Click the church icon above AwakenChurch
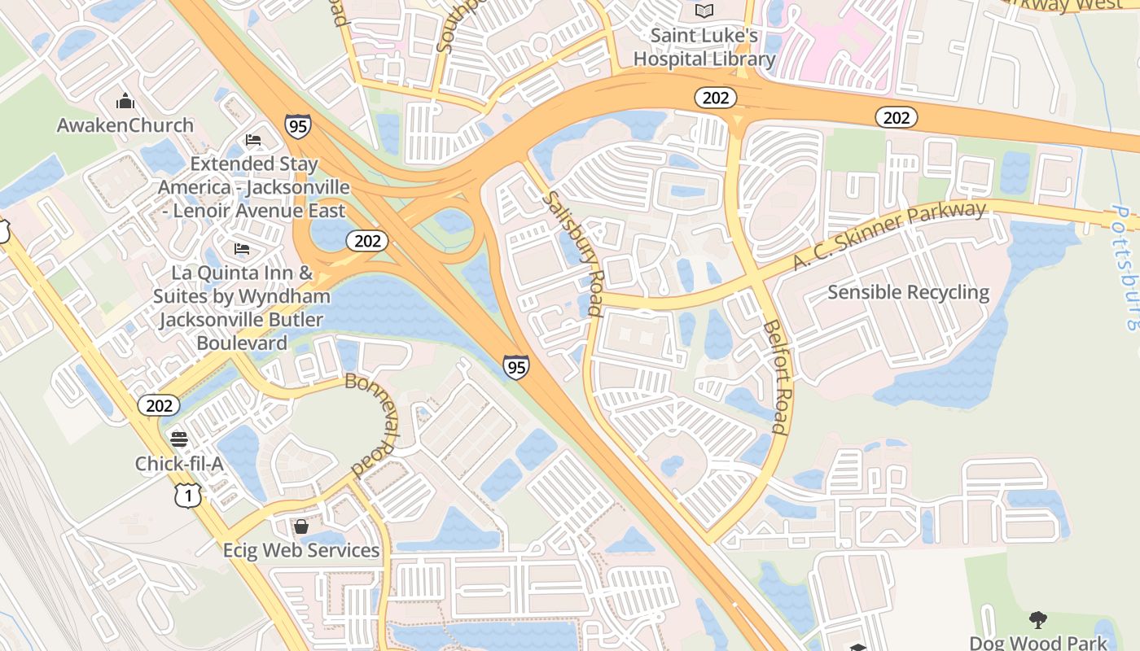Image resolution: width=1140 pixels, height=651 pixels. click(125, 101)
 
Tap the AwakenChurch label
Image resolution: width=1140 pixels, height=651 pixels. click(125, 125)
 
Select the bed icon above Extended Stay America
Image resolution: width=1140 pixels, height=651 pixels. click(253, 140)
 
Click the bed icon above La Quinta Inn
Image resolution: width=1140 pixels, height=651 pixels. click(242, 248)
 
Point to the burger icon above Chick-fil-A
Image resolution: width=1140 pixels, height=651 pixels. click(179, 439)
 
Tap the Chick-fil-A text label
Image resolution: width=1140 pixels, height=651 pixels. click(179, 464)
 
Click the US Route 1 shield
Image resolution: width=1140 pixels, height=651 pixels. click(187, 495)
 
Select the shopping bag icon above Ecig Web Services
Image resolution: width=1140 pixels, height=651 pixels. click(301, 526)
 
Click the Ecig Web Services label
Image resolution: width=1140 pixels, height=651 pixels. click(301, 551)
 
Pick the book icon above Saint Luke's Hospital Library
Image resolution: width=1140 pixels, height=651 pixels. click(704, 11)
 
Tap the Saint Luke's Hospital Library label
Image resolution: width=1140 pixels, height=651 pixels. click(704, 47)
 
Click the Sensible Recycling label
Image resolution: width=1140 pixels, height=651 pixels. click(908, 292)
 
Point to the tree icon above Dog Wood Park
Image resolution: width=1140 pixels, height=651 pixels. click(1037, 620)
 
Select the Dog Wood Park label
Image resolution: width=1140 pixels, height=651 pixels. click(1038, 643)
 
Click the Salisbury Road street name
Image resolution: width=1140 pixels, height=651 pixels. click(573, 253)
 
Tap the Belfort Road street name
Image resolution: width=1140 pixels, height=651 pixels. click(777, 376)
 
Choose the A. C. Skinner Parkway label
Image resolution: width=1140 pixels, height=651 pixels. click(889, 237)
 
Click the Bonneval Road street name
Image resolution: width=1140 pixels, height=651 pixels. click(375, 424)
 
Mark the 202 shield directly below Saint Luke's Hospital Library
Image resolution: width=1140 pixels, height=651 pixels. click(715, 98)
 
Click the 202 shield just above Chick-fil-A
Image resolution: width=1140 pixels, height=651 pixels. click(158, 405)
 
